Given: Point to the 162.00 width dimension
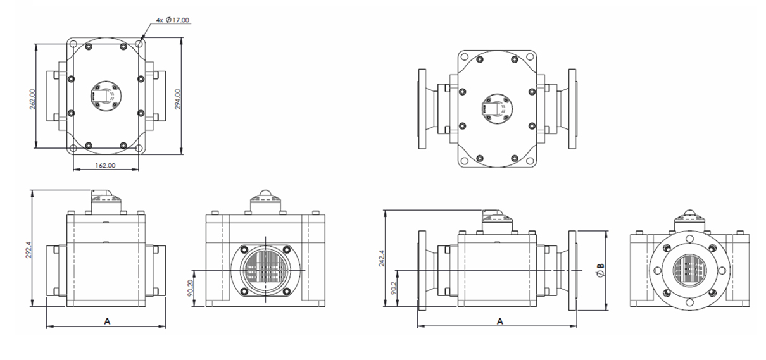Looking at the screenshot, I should pyautogui.click(x=105, y=166).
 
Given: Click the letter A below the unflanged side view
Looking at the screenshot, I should pyautogui.click(x=108, y=321).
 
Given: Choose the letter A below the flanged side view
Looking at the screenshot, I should pyautogui.click(x=500, y=321).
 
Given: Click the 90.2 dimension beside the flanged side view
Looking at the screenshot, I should pyautogui.click(x=394, y=289).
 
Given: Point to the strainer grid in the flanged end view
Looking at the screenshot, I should pyautogui.click(x=689, y=271).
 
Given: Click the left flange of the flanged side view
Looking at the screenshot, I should pyautogui.click(x=423, y=270).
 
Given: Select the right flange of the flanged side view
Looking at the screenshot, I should pyautogui.click(x=574, y=270).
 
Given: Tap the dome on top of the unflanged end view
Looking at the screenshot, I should pyautogui.click(x=265, y=197).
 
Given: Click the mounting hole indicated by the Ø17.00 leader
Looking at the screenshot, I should pyautogui.click(x=139, y=44).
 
